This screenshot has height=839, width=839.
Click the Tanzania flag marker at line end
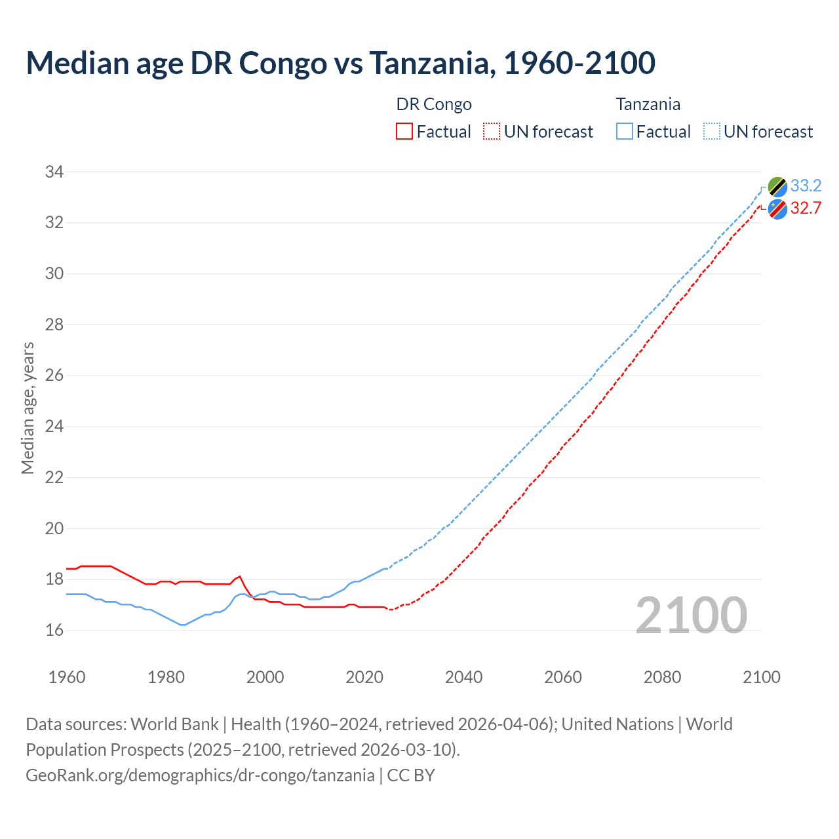[777, 187]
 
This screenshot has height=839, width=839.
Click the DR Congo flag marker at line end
[777, 209]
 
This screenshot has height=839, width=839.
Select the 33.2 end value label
[806, 186]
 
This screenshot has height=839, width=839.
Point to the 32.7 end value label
[806, 208]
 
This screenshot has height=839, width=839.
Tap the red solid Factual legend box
[404, 132]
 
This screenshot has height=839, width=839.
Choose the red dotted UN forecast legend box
[492, 132]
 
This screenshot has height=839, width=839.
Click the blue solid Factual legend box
[625, 132]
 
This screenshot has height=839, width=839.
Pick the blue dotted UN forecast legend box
[712, 132]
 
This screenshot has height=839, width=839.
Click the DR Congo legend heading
[434, 104]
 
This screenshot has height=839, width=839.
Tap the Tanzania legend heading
[648, 104]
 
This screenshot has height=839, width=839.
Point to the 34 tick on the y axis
[54, 172]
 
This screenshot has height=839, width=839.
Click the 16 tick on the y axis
[54, 631]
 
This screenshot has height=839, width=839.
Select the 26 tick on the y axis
[54, 376]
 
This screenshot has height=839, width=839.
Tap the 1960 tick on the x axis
[67, 677]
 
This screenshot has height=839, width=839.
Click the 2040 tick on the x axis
[463, 677]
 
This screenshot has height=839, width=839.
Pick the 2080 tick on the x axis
[662, 677]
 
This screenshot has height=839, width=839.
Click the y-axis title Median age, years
[28, 408]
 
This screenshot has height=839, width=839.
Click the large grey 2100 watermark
[692, 615]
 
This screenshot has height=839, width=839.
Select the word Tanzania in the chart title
[429, 63]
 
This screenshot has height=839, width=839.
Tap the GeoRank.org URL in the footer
[200, 775]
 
